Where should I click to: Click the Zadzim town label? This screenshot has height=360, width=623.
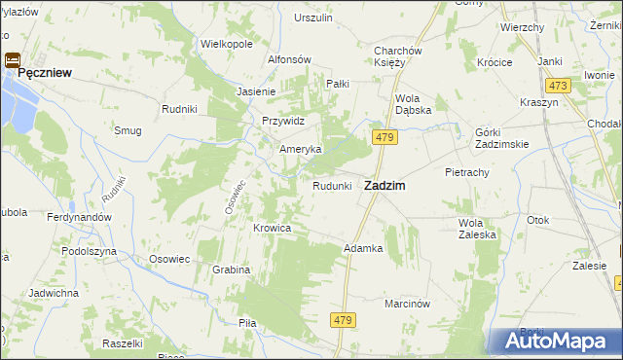(x=385, y=185)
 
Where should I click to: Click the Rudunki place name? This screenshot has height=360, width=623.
(x=331, y=186)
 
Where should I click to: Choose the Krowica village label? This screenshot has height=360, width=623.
(x=273, y=228)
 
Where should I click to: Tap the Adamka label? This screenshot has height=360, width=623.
(x=363, y=248)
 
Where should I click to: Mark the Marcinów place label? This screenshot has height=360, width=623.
(x=407, y=303)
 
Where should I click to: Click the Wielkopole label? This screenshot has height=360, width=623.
(x=226, y=44)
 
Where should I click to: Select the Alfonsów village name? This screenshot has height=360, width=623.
(x=289, y=59)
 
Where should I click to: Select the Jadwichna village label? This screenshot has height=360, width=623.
(x=54, y=292)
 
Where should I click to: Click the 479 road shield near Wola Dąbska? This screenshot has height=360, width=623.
(x=384, y=139)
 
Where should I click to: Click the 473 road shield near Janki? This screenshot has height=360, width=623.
(x=557, y=86)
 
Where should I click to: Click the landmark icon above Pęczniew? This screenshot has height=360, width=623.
(x=14, y=59)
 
